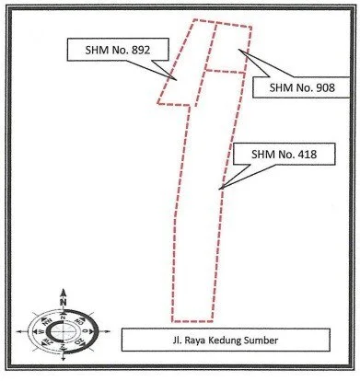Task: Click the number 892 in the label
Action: [x=141, y=50]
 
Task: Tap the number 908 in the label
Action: [x=325, y=87]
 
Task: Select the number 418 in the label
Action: [x=308, y=154]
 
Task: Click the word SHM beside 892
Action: [x=96, y=50]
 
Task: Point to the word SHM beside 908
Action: [x=280, y=87]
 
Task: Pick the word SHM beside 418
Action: [x=262, y=154]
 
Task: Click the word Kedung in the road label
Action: [x=226, y=341]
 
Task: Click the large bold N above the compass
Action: [x=64, y=302]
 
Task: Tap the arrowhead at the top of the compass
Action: [x=64, y=292]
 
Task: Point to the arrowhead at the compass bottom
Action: [x=64, y=358]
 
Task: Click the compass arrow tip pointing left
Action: [x=17, y=331]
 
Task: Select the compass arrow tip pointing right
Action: [x=110, y=331]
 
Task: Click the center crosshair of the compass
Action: [x=63, y=331]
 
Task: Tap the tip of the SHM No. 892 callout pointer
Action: [x=177, y=80]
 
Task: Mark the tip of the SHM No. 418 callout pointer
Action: [x=219, y=189]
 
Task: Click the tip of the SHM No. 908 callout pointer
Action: [x=239, y=50]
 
